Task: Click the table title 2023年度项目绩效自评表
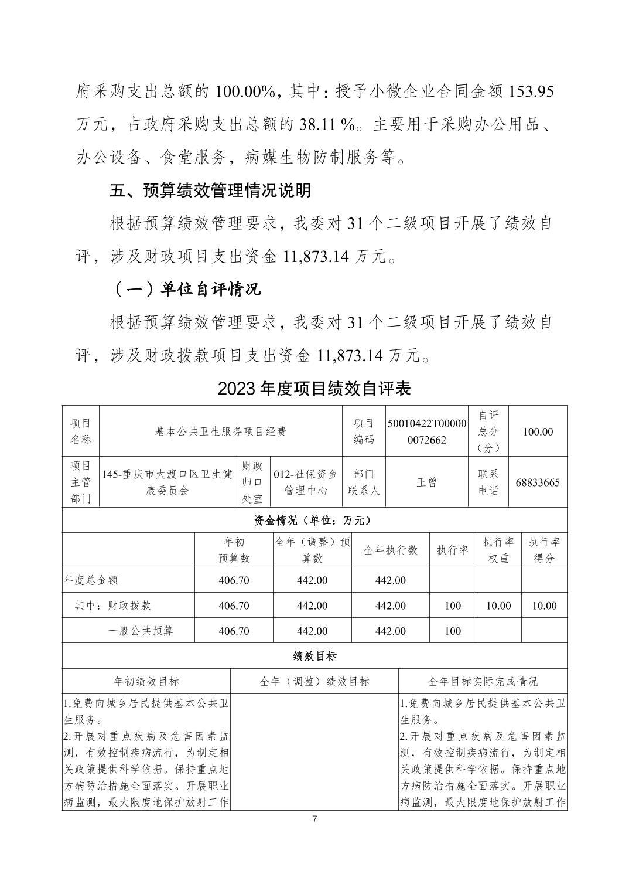[x=314, y=388]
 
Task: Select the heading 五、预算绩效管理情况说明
[x=210, y=191]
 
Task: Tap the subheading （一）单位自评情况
[x=185, y=289]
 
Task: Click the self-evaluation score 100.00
[x=537, y=431]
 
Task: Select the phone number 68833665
[x=537, y=482]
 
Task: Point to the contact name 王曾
[x=426, y=482]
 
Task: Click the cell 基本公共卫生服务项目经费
[x=221, y=431]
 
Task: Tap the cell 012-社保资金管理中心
[x=306, y=482]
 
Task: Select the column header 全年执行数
[x=391, y=550]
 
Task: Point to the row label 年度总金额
[x=91, y=580]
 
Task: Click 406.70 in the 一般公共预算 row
[x=234, y=631]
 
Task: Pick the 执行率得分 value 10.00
[x=544, y=606]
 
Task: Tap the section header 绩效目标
[x=314, y=657]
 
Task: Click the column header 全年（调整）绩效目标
[x=314, y=681]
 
